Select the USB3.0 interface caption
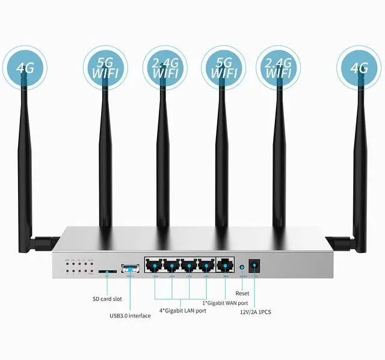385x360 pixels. click(x=130, y=316)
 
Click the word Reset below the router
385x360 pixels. click(x=242, y=293)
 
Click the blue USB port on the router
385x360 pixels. click(x=129, y=267)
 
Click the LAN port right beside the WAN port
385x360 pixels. click(x=207, y=266)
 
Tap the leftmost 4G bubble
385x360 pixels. click(x=25, y=67)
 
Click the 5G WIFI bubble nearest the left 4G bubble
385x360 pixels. click(x=105, y=67)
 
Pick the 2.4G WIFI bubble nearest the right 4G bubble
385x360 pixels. click(x=279, y=67)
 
